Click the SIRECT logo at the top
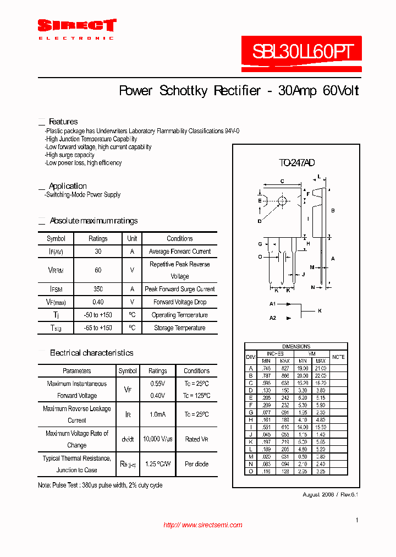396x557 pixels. [x=77, y=26]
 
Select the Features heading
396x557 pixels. [x=63, y=122]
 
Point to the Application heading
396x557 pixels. [x=68, y=186]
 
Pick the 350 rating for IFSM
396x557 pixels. [x=98, y=289]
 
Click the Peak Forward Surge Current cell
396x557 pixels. [x=180, y=289]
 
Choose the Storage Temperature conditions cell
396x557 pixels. [x=180, y=328]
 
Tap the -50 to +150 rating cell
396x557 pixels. [x=98, y=315]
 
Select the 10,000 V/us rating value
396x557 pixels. [x=158, y=439]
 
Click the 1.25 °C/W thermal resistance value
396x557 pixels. [x=158, y=464]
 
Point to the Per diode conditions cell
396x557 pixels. [x=196, y=464]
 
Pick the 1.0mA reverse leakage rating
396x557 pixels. [x=158, y=414]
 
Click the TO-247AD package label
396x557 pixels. [x=296, y=163]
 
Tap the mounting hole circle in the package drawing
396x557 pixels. [x=282, y=201]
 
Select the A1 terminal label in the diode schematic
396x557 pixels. [x=272, y=304]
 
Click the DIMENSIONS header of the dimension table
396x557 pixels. [x=296, y=346]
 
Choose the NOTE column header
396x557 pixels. [x=339, y=357]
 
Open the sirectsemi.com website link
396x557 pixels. [x=203, y=525]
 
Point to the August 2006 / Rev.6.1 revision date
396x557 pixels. [x=330, y=494]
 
